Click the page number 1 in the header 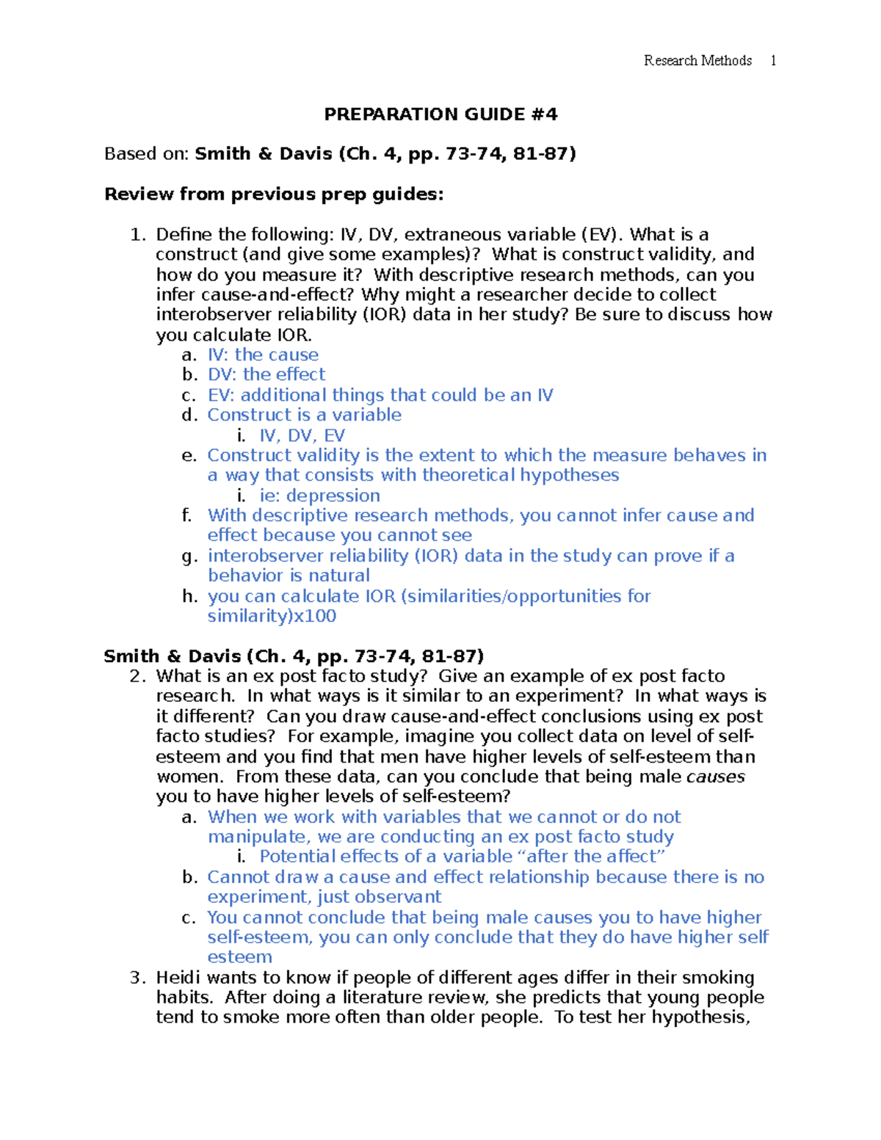(x=773, y=61)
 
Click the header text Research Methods (x=697, y=61)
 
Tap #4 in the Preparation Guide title (x=543, y=115)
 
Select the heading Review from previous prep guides (x=274, y=195)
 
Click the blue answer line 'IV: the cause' (x=263, y=355)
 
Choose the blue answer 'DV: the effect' (x=267, y=375)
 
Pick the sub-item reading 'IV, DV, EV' (x=302, y=436)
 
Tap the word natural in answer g (x=339, y=576)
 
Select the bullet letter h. (x=189, y=596)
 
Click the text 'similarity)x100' (x=272, y=617)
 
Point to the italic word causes (x=715, y=777)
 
